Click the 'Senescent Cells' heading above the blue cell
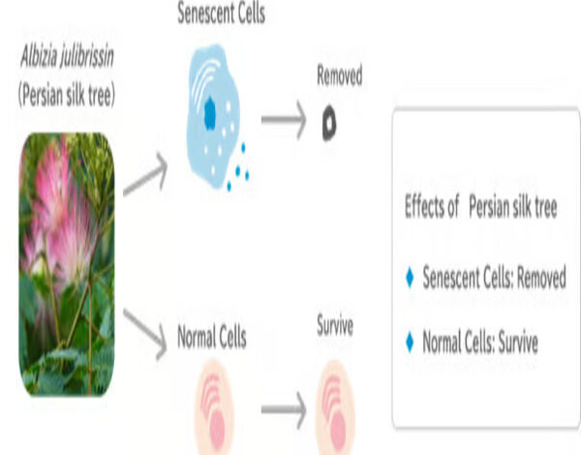[221, 13]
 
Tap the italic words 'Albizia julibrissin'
[67, 57]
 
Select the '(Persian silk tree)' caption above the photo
[67, 95]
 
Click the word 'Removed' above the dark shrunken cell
[340, 76]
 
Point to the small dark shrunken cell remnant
[329, 123]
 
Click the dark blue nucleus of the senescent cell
[210, 113]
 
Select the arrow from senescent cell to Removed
[284, 120]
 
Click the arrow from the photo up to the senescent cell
[145, 174]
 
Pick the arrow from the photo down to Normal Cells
[145, 333]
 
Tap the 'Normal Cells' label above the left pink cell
[212, 337]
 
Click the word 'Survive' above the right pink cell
[335, 326]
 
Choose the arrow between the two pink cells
[284, 409]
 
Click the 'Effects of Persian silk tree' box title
[481, 207]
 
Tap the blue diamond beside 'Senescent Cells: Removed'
[410, 278]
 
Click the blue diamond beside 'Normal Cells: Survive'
[410, 342]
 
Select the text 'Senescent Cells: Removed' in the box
[494, 277]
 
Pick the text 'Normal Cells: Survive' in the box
[480, 342]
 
